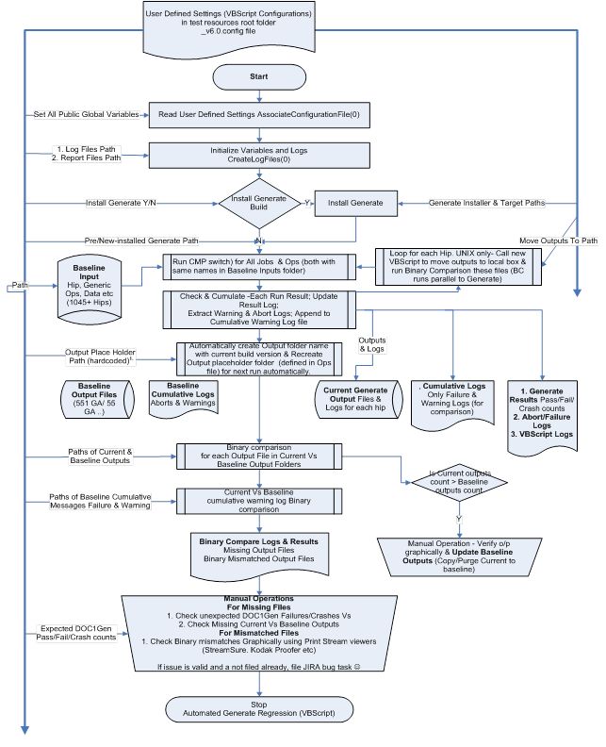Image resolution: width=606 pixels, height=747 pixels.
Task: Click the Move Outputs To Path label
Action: point(559,240)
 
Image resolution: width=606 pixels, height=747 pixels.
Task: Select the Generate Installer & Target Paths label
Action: point(486,203)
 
